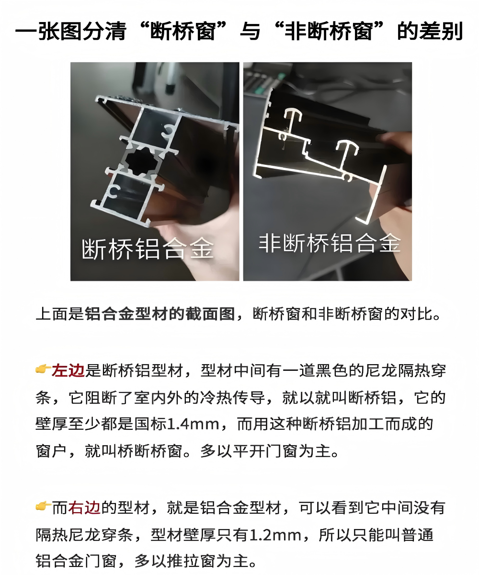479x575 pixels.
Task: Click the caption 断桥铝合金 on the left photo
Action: click(x=148, y=249)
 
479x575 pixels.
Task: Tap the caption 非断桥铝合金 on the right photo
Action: click(x=330, y=243)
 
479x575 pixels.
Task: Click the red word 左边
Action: click(x=68, y=370)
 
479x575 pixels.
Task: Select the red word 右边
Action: click(x=84, y=508)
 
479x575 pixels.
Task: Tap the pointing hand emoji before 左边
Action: click(x=43, y=369)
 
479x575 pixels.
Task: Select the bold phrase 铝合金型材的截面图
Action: click(x=160, y=314)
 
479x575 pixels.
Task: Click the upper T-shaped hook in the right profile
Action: click(x=293, y=118)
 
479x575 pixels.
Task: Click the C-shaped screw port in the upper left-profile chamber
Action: click(x=167, y=131)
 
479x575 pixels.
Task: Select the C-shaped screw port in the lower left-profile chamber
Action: click(x=114, y=191)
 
